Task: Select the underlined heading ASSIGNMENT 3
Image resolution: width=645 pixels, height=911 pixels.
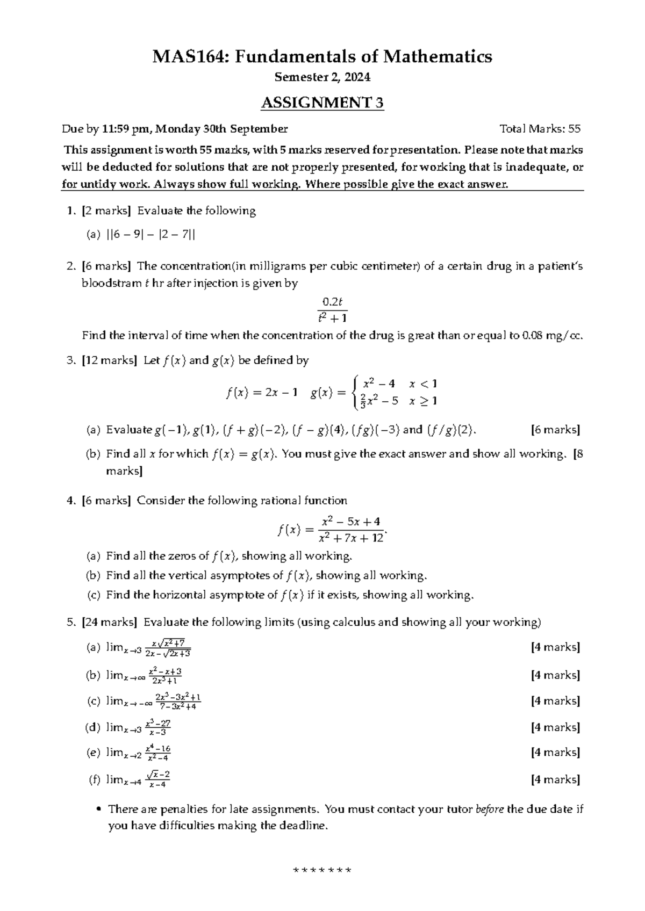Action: point(322,103)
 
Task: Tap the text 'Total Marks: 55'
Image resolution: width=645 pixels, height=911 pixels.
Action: point(540,129)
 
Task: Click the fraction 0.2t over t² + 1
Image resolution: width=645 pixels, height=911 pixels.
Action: point(332,309)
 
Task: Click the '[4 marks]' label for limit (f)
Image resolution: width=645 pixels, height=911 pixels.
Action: point(555,779)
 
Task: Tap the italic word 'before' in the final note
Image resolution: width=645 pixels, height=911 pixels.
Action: point(490,809)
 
